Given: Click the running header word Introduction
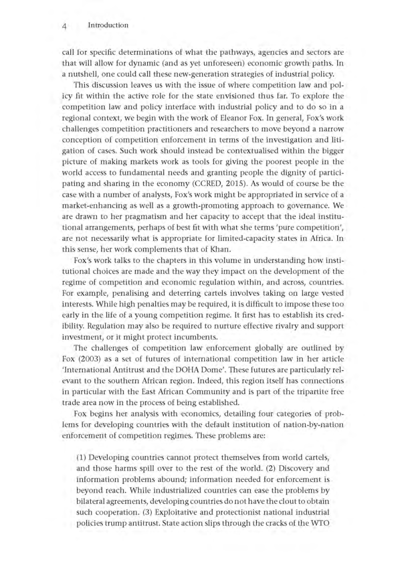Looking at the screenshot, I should tap(108, 25).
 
